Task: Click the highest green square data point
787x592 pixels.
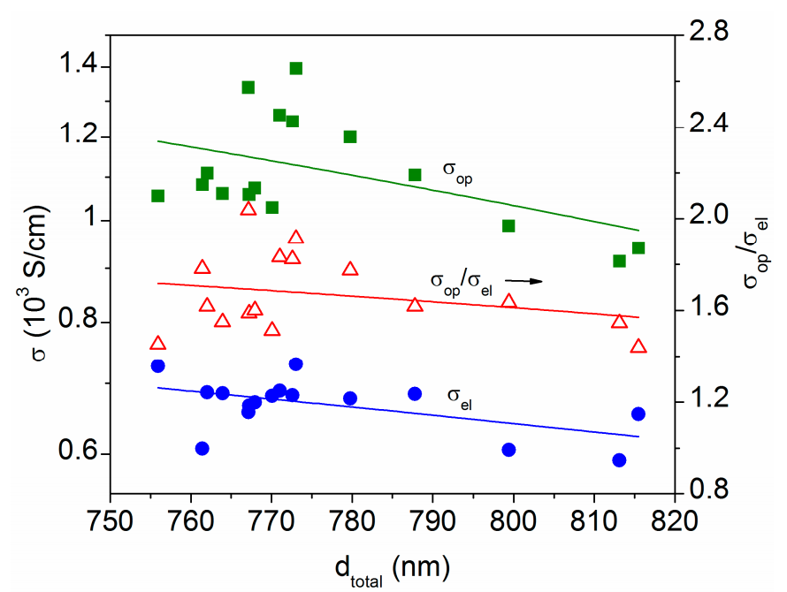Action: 295,68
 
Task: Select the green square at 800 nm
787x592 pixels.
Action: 508,226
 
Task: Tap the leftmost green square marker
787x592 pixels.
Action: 157,195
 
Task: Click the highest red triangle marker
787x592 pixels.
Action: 248,209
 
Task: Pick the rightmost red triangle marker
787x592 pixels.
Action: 638,345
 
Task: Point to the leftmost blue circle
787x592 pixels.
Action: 157,366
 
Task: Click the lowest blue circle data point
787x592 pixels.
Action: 619,460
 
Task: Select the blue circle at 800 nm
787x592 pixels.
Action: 508,450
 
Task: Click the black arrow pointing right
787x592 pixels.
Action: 523,281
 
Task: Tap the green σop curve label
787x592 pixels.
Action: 457,171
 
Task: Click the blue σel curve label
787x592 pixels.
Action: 459,398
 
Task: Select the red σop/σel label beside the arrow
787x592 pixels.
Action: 462,284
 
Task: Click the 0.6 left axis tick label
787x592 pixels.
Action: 77,451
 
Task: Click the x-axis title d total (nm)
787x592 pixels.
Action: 393,569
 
